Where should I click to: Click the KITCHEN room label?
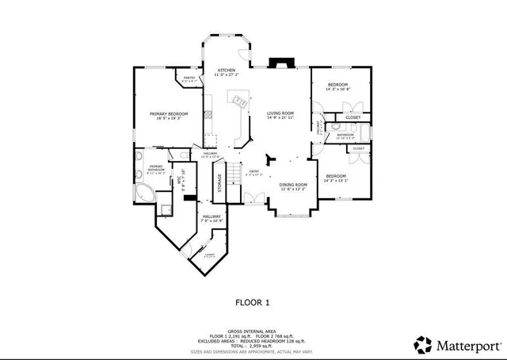227,71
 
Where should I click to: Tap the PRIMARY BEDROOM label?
169,114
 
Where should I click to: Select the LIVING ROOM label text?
280,113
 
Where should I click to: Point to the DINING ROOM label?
292,185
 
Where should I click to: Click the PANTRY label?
189,78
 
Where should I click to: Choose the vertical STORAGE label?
219,182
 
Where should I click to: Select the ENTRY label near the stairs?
254,170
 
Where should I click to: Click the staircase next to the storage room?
234,176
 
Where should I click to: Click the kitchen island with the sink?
238,101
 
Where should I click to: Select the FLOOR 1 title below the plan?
253,302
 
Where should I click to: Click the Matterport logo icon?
423,344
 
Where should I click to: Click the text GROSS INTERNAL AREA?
253,331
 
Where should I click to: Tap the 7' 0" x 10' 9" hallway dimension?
211,221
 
